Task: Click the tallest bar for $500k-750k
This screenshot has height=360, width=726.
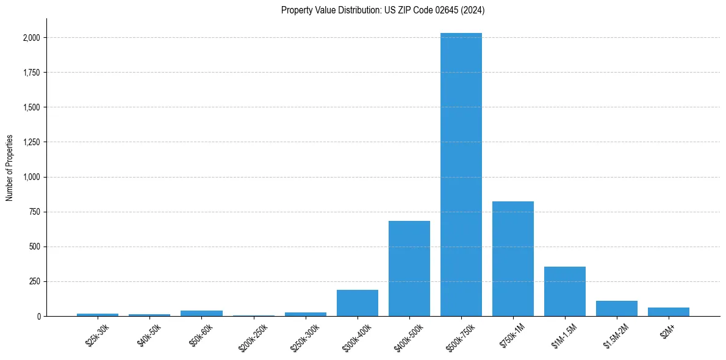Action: click(x=461, y=175)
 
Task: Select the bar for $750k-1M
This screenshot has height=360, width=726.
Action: click(x=513, y=259)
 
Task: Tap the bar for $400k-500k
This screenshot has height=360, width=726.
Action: click(x=409, y=268)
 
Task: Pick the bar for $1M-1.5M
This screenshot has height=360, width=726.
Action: click(x=565, y=292)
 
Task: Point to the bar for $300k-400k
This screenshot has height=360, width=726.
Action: click(x=358, y=303)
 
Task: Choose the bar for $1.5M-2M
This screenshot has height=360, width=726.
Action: click(x=617, y=309)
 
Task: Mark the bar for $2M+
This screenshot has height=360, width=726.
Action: click(x=669, y=312)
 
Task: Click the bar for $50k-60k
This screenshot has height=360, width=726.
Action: click(x=202, y=314)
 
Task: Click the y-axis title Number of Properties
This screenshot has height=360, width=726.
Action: click(x=10, y=168)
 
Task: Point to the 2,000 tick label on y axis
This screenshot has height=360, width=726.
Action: click(x=31, y=38)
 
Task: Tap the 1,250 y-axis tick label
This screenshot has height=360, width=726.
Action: click(x=31, y=142)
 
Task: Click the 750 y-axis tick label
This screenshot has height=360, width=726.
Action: click(x=34, y=212)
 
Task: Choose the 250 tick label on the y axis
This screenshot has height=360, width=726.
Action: click(x=34, y=281)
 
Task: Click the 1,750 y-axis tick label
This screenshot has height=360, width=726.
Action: click(x=31, y=73)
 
